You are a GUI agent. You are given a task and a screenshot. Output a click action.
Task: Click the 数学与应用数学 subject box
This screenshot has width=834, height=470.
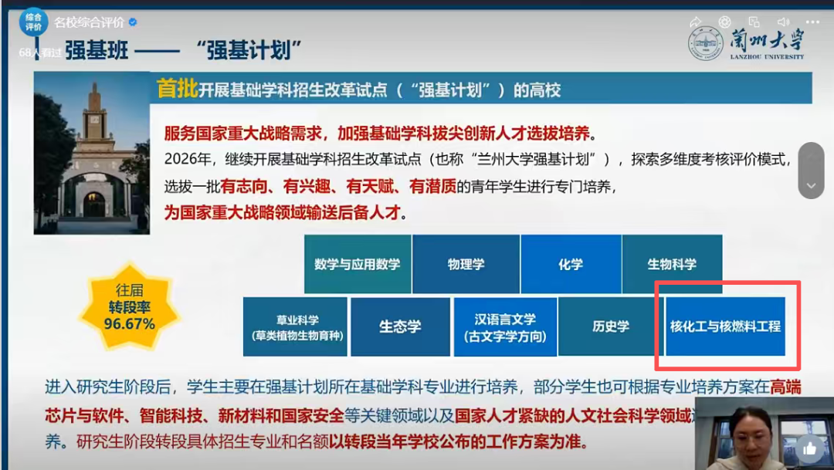(357, 264)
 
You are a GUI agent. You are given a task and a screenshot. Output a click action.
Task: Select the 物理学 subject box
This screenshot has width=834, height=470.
(466, 264)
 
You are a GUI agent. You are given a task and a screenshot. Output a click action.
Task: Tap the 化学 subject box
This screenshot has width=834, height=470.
(571, 264)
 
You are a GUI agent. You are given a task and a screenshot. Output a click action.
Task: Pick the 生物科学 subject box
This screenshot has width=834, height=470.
(672, 264)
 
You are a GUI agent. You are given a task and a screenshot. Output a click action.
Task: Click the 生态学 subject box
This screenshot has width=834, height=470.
(400, 327)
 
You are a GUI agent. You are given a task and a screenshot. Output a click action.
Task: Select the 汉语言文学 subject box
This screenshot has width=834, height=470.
(505, 327)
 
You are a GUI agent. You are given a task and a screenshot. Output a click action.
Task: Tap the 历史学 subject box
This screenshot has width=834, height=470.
(611, 327)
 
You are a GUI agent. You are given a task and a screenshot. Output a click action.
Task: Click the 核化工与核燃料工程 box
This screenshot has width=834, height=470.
(725, 326)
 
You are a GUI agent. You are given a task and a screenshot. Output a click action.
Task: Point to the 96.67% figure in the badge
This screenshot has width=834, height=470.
(130, 324)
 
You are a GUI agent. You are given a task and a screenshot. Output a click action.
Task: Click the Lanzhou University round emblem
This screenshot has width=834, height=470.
(706, 44)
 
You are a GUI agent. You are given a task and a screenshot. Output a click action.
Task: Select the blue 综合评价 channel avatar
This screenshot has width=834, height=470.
(33, 21)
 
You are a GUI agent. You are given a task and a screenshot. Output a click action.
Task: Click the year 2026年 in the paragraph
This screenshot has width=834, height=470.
(183, 161)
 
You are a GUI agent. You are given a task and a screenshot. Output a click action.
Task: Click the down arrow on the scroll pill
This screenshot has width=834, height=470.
(811, 185)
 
